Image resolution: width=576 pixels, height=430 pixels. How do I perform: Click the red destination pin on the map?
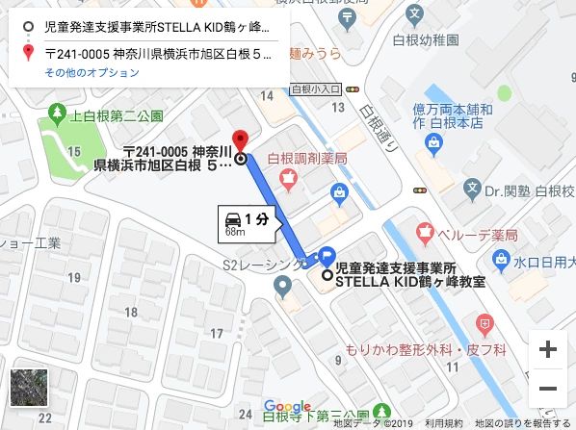(x=240, y=140)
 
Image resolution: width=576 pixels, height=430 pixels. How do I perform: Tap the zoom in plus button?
(x=548, y=349)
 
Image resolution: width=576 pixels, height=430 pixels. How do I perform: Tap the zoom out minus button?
(x=548, y=388)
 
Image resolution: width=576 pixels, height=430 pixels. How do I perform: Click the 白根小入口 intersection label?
(x=310, y=88)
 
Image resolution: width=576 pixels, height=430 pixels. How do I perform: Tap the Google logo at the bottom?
(x=286, y=407)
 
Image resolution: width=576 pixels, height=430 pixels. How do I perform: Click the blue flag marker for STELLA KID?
(x=327, y=257)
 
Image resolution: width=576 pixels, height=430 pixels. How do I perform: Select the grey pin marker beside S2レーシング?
(x=282, y=285)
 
